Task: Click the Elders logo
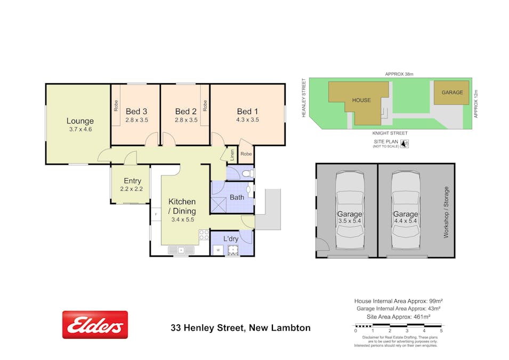(x=95, y=325)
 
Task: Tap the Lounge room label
(x=80, y=121)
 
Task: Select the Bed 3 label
(x=136, y=111)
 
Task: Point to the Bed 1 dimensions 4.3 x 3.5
(x=247, y=120)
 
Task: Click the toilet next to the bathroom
(x=247, y=173)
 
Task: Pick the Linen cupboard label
(x=232, y=155)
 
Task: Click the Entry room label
(x=132, y=181)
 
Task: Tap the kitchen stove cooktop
(x=204, y=234)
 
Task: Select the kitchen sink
(x=181, y=250)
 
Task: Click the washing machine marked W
(x=219, y=249)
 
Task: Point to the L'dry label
(x=231, y=238)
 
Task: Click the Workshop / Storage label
(x=446, y=212)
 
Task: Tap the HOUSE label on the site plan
(x=361, y=100)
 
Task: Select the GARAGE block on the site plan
(x=451, y=93)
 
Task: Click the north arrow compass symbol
(x=405, y=143)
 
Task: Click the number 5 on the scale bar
(x=441, y=331)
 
